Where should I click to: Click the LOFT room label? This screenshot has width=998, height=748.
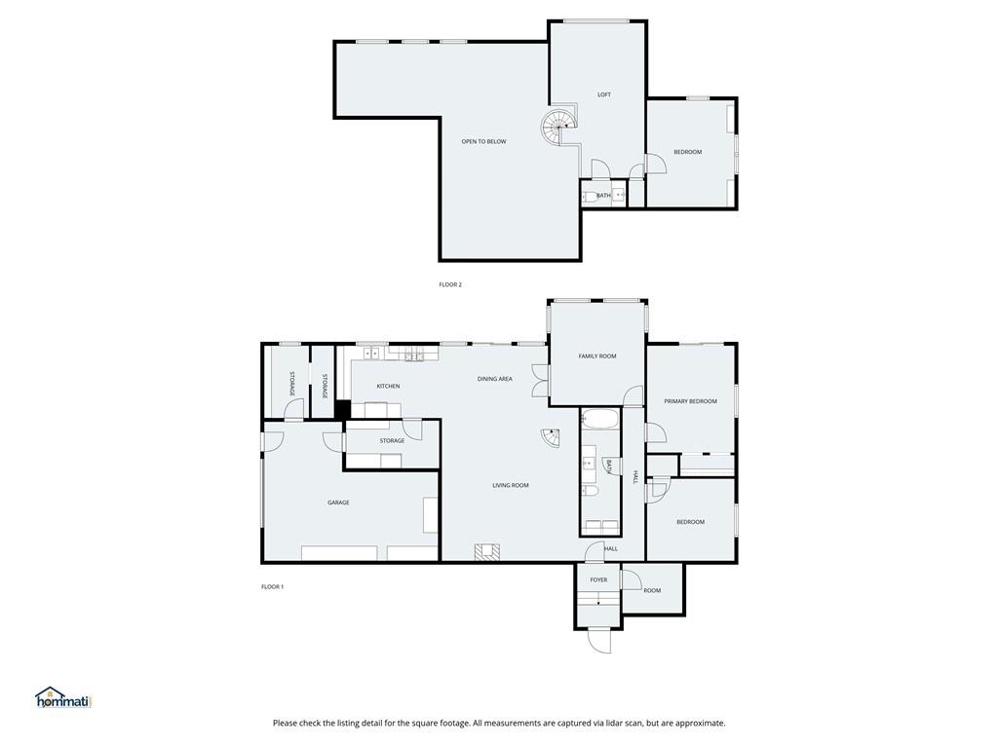click(x=603, y=94)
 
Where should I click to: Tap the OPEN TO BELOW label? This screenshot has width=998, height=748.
click(x=483, y=142)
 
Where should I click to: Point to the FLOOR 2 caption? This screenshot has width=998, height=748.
click(x=450, y=284)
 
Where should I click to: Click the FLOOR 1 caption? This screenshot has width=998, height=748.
click(x=273, y=586)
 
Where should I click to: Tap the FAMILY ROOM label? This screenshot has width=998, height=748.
click(x=597, y=356)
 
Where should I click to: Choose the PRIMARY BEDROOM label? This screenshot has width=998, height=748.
click(x=690, y=401)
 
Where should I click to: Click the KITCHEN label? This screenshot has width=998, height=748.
click(x=388, y=386)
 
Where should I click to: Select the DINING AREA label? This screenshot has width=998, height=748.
click(x=494, y=379)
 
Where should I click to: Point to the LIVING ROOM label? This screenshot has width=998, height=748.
click(x=511, y=485)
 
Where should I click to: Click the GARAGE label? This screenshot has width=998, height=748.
click(x=338, y=503)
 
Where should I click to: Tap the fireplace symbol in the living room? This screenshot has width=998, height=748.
click(x=487, y=551)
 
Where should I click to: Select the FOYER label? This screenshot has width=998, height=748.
click(x=598, y=580)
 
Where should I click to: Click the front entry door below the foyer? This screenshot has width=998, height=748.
click(x=599, y=640)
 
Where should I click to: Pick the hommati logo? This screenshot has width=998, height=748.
click(x=64, y=697)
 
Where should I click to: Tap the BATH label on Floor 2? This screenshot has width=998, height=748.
click(x=603, y=195)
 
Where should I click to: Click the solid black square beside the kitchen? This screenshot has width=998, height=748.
click(x=342, y=409)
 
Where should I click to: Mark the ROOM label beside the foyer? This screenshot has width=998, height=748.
click(x=652, y=591)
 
